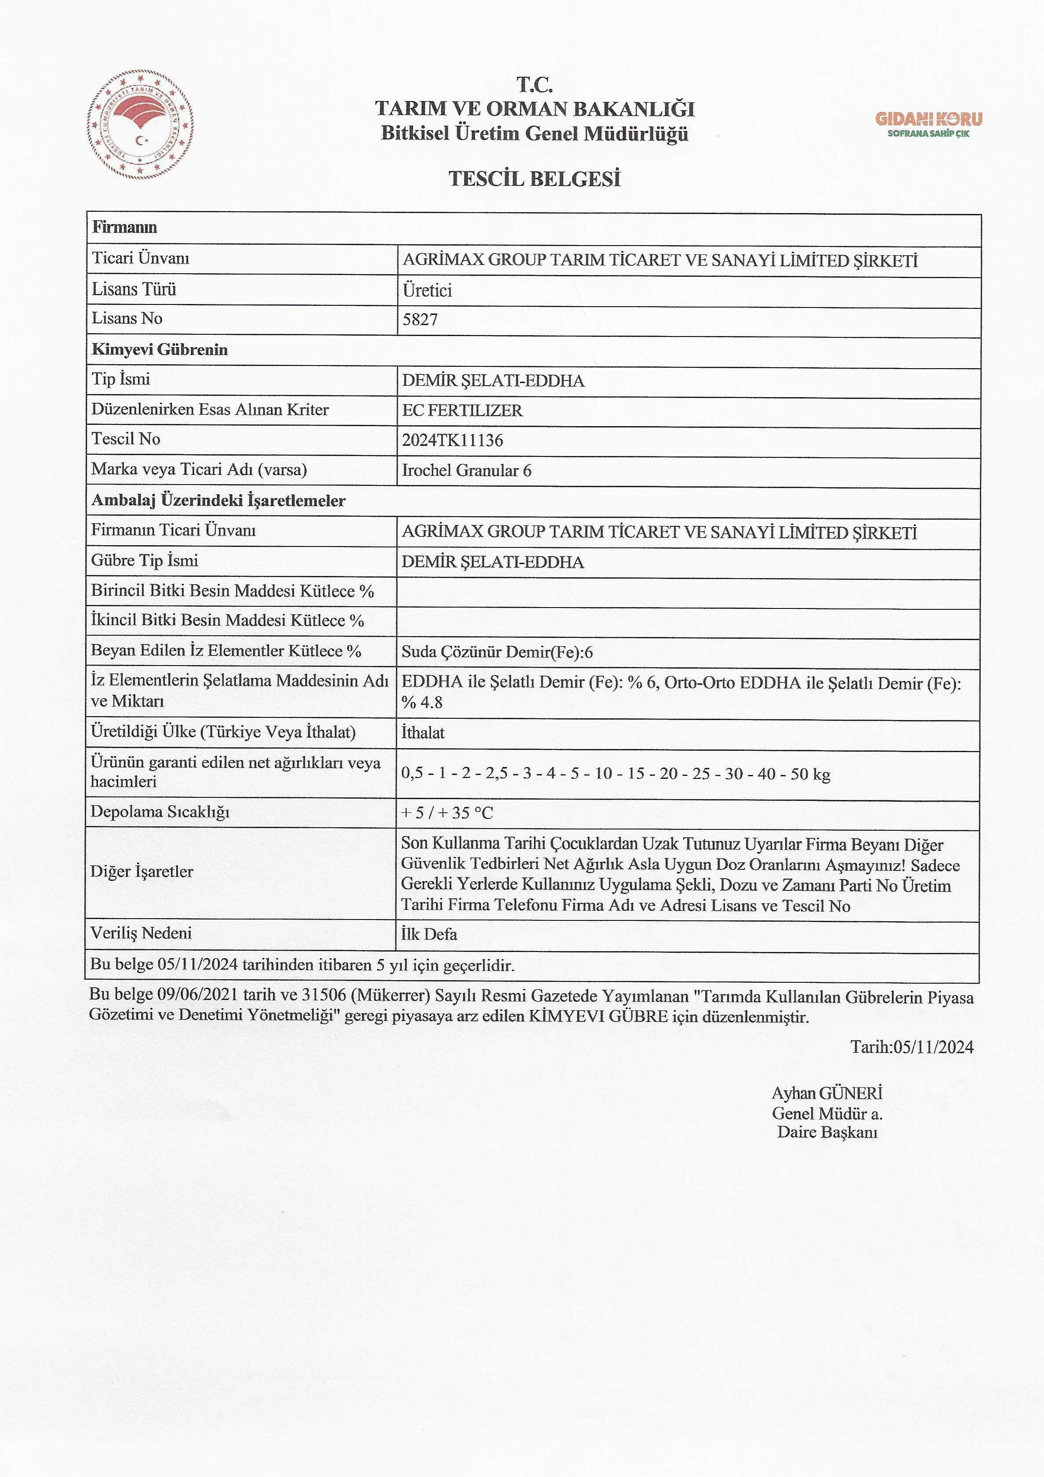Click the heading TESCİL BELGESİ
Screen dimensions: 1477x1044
[x=535, y=178]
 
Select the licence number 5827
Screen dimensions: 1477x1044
[x=420, y=320]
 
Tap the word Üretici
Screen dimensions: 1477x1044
[x=427, y=290]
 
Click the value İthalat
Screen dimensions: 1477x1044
[x=423, y=733]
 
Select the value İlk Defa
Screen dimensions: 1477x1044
[x=429, y=934]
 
